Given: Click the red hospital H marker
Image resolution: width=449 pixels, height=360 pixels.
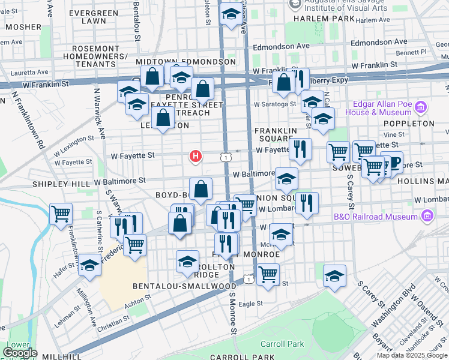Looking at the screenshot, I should (195, 157).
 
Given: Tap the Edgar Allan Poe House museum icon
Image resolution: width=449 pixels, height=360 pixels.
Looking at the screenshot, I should (421, 109).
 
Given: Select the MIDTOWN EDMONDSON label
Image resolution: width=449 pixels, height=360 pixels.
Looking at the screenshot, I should (185, 62).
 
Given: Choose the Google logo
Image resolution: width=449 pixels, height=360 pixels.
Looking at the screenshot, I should (20, 353).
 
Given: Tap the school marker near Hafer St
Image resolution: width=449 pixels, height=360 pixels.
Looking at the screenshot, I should (89, 266).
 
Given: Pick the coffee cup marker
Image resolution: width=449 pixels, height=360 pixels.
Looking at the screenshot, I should (391, 163).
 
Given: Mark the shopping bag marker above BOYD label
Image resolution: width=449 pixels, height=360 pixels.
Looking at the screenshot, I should (200, 188).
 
